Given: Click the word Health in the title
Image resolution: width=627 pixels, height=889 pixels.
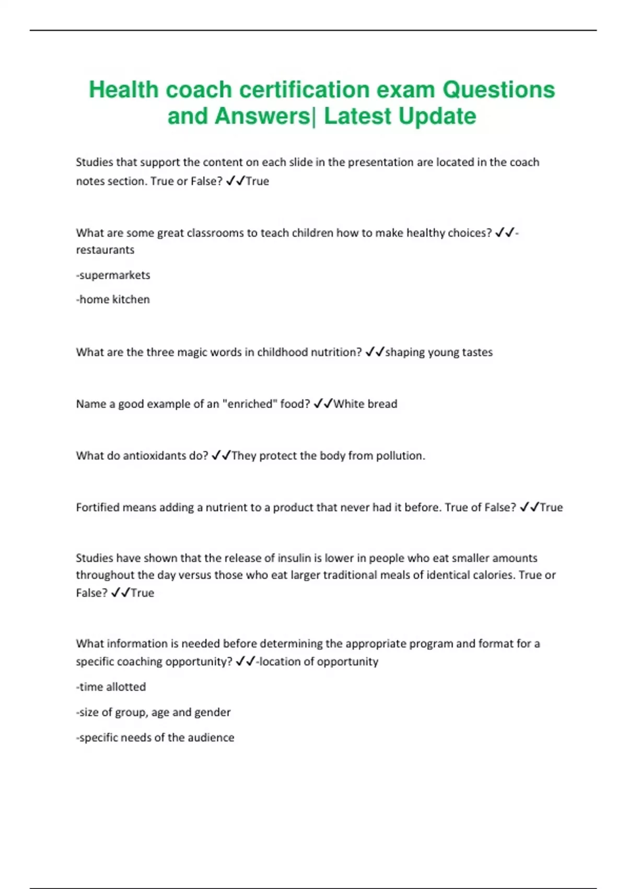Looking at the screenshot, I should click(123, 90).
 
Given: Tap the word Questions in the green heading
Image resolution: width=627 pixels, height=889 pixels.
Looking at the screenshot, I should click(498, 90).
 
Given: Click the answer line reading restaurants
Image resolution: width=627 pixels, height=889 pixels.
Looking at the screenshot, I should click(105, 250).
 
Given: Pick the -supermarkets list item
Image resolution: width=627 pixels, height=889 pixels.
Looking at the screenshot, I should click(113, 275).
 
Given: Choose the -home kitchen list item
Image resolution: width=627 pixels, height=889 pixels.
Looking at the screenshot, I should click(113, 300).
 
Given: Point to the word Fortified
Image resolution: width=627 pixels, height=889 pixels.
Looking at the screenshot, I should click(97, 507).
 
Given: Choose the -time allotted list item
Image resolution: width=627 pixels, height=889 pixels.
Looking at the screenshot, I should click(111, 687).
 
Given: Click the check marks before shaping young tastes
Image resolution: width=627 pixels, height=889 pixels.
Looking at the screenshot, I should click(375, 352).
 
